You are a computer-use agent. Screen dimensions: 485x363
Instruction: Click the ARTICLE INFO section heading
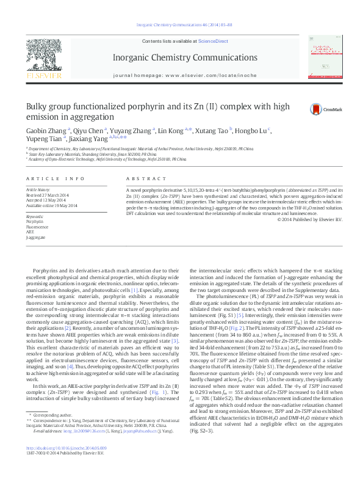click(x=55, y=178)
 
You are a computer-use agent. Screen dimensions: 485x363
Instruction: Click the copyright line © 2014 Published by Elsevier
click(x=309, y=219)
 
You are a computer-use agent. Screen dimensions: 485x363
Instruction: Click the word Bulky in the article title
click(x=38, y=107)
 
